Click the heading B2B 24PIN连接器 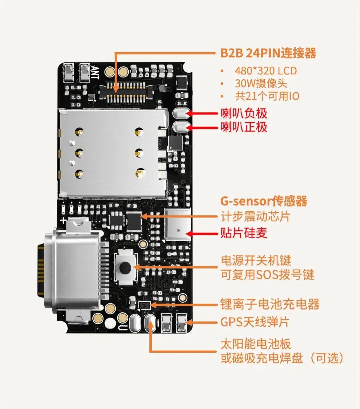pos(268,53)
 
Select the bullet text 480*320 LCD pos(266,71)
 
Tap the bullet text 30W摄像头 pos(261,83)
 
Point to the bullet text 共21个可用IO pos(267,96)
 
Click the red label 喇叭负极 pos(244,113)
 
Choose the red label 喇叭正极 pos(244,127)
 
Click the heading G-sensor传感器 pos(264,201)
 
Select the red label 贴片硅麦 pos(244,233)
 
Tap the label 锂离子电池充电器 pos(270,304)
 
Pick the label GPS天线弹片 pos(255,322)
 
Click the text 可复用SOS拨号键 pos(267,275)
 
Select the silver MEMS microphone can pos(178,225)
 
